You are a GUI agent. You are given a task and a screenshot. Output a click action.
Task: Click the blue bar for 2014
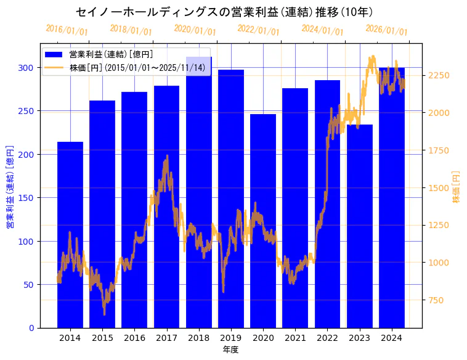70,234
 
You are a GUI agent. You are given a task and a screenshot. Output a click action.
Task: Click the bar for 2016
134,210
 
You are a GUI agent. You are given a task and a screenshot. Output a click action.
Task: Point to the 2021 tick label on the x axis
295,338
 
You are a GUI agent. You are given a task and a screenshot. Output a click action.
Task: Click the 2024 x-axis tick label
392,338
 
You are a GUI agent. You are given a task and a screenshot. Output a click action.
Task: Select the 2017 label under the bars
166,338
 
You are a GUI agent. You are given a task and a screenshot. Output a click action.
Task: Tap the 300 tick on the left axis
29,68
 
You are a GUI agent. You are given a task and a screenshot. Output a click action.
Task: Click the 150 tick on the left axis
29,198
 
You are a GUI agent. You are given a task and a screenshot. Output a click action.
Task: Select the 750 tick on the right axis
436,300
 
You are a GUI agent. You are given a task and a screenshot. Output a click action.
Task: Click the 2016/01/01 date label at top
67,30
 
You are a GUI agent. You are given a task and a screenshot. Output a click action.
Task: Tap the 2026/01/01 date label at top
386,30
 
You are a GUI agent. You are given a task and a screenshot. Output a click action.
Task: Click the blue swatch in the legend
54,55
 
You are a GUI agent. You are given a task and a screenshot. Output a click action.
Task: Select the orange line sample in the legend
54,67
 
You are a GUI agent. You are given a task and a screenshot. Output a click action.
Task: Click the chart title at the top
224,12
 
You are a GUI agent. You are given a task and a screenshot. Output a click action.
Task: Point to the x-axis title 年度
230,350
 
